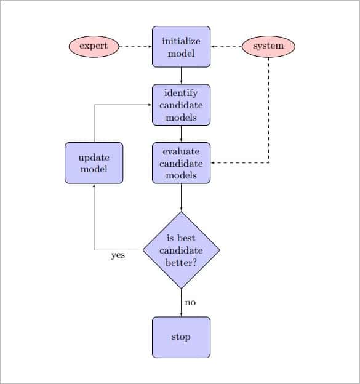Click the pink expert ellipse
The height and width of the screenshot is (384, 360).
pyautogui.click(x=94, y=46)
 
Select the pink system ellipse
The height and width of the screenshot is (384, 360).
pyautogui.click(x=268, y=46)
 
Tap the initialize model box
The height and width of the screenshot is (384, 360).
pyautogui.click(x=181, y=47)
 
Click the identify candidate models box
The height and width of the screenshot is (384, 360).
pyautogui.click(x=181, y=105)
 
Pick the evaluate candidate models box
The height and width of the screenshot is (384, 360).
pyautogui.click(x=181, y=163)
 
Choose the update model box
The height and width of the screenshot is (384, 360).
pyautogui.click(x=94, y=163)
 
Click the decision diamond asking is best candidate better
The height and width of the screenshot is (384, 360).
pyautogui.click(x=181, y=250)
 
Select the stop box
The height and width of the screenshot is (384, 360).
pyautogui.click(x=181, y=337)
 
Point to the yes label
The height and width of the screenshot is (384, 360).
pyautogui.click(x=118, y=255)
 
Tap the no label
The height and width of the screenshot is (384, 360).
pyautogui.click(x=190, y=302)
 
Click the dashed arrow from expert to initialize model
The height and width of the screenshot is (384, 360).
pyautogui.click(x=135, y=46)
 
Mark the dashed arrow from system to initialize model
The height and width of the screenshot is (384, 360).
pyautogui.click(x=226, y=46)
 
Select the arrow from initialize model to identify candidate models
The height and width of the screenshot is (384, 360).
pyautogui.click(x=181, y=75)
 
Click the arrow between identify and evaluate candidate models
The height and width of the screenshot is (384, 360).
pyautogui.click(x=181, y=134)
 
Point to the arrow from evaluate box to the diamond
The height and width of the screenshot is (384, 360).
pyautogui.click(x=181, y=198)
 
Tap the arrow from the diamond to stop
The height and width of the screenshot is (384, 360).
pyautogui.click(x=181, y=302)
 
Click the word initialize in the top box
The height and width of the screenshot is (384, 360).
pyautogui.click(x=181, y=41)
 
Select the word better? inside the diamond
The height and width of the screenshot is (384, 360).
pyautogui.click(x=181, y=262)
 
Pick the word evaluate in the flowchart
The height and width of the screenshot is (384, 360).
pyautogui.click(x=181, y=151)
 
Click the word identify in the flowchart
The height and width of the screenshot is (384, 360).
pyautogui.click(x=181, y=94)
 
